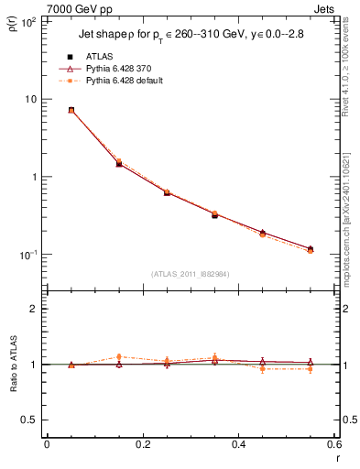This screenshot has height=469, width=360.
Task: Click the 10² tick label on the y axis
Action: click(29, 21)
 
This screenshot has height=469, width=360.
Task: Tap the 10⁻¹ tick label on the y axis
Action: click(29, 255)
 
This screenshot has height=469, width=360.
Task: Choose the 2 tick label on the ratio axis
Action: click(36, 309)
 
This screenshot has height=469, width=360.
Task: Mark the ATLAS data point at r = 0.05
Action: click(71, 110)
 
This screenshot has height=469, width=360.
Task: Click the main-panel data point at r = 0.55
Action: click(311, 249)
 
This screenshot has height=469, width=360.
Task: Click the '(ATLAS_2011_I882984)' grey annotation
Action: click(190, 274)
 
